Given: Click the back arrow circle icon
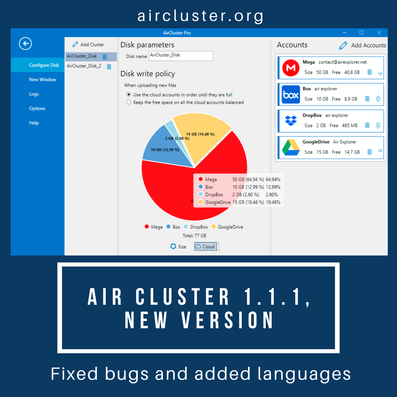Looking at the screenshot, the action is (25, 43).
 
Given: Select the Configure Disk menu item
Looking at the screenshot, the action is (44, 65).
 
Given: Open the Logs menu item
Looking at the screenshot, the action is (34, 94).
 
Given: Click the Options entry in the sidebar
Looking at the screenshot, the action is (37, 108).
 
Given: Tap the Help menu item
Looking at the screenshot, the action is (34, 123).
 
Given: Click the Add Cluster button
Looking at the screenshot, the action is (88, 44).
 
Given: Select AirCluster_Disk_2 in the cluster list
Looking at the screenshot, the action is (84, 66).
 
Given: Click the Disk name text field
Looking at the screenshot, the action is (181, 56).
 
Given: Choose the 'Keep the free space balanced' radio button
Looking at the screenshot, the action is (129, 102).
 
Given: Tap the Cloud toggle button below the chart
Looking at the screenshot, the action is (205, 246).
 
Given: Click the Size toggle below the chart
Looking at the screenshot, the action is (178, 247).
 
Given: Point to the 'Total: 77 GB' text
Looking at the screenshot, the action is (194, 236).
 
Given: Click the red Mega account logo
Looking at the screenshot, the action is (291, 68).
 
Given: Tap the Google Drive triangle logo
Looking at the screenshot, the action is (291, 147).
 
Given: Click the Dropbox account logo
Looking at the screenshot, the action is (291, 121).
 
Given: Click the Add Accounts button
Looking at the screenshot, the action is (362, 45).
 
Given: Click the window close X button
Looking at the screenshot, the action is (379, 33).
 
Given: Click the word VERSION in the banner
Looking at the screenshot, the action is (228, 320).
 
